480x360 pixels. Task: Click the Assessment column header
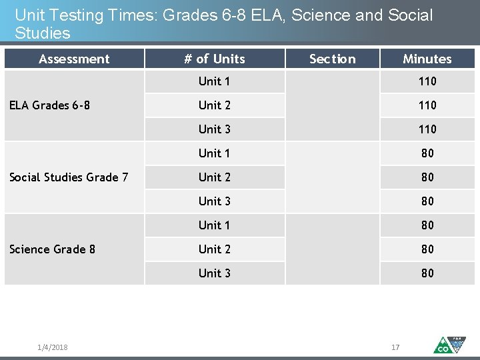[74, 59]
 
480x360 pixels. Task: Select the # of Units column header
[214, 59]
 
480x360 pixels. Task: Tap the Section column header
[332, 59]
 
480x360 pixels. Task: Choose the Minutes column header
[427, 59]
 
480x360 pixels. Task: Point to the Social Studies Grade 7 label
[69, 177]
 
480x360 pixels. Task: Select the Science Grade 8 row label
[52, 249]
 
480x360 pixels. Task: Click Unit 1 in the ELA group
[214, 81]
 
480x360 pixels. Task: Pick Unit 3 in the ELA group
[214, 129]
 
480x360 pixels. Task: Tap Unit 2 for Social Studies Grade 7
[214, 177]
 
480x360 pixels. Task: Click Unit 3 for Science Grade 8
[214, 273]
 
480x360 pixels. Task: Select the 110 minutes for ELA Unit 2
[427, 105]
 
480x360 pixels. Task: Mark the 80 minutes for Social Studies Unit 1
[427, 153]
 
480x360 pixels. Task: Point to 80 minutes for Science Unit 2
[427, 249]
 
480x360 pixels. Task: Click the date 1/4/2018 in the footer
[53, 347]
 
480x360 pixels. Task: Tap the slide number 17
[395, 347]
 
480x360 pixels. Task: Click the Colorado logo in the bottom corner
[449, 344]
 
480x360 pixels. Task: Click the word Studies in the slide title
[42, 33]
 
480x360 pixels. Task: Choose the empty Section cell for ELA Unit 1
[332, 81]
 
